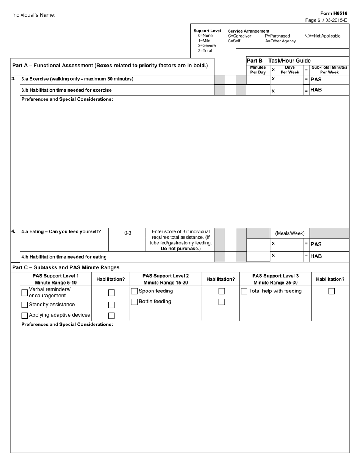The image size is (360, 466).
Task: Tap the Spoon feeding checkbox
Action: (x=135, y=291)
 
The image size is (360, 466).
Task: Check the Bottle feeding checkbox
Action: (x=135, y=302)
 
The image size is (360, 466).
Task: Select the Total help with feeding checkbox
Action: (x=244, y=291)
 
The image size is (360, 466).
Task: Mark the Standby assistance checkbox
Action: (x=25, y=305)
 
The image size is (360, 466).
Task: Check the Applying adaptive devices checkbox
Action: (x=25, y=315)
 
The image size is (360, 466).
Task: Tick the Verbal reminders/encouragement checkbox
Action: (x=25, y=292)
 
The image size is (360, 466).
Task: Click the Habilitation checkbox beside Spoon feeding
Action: (x=222, y=291)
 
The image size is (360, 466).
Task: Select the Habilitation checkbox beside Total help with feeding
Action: (x=332, y=291)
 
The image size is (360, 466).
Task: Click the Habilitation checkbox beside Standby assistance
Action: (x=111, y=305)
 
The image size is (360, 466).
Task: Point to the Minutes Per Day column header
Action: (x=258, y=70)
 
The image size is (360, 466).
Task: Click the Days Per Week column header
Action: (x=290, y=70)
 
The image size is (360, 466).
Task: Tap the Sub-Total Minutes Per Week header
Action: (x=329, y=70)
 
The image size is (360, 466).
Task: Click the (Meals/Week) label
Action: (x=290, y=233)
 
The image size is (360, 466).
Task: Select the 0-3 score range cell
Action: (x=128, y=233)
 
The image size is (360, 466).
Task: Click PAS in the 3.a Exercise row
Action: (x=316, y=80)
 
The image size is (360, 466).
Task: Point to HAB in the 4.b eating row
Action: (x=316, y=256)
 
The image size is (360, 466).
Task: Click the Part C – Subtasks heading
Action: (x=66, y=267)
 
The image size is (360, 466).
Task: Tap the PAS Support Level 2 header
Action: (x=166, y=279)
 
